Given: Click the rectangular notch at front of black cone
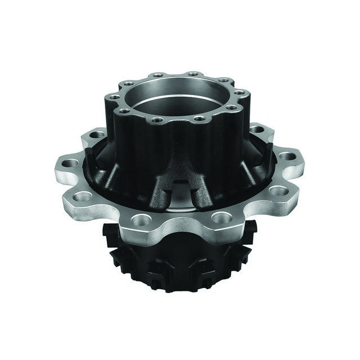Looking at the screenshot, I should point(178,188).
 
